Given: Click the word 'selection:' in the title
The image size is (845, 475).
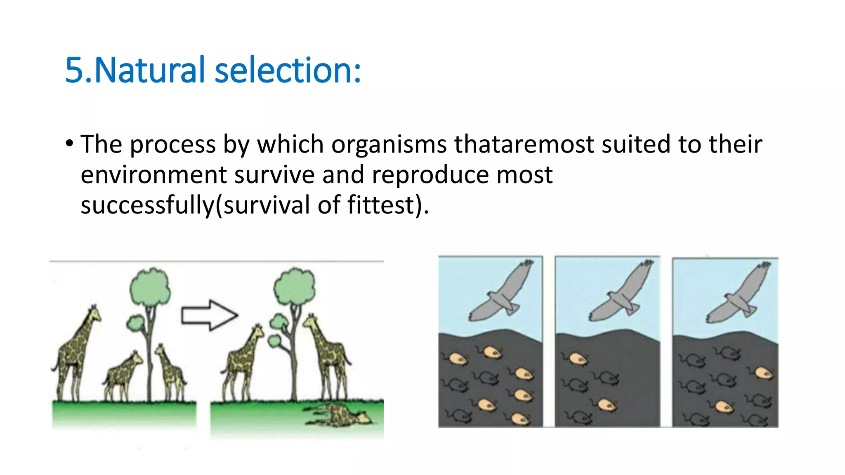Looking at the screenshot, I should coord(288,70).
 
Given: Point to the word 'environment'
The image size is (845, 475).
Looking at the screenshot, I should coord(153,175).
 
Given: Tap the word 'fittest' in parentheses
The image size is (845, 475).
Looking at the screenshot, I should coord(380,205).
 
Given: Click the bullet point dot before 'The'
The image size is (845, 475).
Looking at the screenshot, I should coord(69,144).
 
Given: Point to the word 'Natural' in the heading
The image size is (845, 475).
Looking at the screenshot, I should coord(149,70).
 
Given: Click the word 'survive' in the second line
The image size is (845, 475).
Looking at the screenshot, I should coord(274,175).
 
